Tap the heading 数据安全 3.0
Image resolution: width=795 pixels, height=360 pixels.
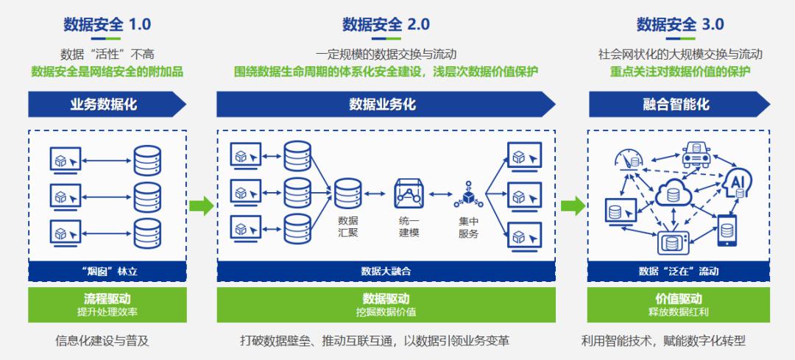pyautogui.click(x=680, y=24)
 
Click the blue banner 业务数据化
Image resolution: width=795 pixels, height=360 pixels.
pyautogui.click(x=103, y=105)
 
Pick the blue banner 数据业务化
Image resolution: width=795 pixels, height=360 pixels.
pyautogui.click(x=383, y=105)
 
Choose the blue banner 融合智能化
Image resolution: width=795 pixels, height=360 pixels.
pyautogui.click(x=676, y=105)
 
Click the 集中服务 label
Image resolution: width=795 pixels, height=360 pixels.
pyautogui.click(x=468, y=227)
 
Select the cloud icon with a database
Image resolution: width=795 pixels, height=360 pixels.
pyautogui.click(x=672, y=193)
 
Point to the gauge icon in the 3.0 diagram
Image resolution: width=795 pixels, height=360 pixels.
pyautogui.click(x=628, y=159)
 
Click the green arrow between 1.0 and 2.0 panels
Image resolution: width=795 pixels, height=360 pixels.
pyautogui.click(x=200, y=205)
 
